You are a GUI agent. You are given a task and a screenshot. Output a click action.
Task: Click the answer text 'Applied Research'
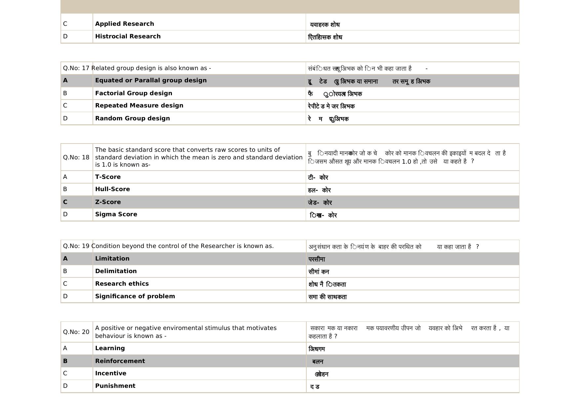tap(125, 24)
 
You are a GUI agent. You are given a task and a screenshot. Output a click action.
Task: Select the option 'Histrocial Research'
tap(128, 36)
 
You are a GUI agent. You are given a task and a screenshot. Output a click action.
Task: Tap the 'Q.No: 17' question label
tap(76, 68)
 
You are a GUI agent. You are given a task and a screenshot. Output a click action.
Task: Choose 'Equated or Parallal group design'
tap(151, 80)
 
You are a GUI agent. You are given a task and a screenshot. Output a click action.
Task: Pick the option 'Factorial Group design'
tap(134, 93)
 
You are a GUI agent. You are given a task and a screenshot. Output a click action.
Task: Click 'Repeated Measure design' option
tap(139, 105)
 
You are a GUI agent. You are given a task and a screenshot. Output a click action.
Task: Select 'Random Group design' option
tap(133, 118)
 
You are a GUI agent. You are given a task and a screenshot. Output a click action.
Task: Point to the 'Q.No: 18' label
tap(76, 157)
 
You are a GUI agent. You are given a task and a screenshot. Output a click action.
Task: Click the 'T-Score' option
tap(108, 177)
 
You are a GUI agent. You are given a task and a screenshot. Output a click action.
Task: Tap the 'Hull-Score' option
tap(112, 189)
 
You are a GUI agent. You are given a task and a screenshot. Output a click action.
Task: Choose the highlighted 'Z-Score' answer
tap(108, 202)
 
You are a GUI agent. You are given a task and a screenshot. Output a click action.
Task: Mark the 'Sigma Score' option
tap(116, 214)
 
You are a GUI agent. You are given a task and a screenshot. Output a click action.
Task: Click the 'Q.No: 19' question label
tap(76, 246)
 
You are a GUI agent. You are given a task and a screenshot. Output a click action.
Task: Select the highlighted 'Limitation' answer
tap(112, 259)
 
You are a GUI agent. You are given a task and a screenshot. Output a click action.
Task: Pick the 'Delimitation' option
tap(116, 271)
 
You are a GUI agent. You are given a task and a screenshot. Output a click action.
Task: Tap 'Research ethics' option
tap(122, 284)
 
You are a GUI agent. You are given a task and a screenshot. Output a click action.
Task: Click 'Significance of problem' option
tap(135, 296)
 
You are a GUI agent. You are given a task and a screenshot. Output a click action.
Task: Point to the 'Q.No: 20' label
tap(76, 332)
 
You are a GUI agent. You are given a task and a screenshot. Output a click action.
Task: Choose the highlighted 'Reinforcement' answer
tap(120, 361)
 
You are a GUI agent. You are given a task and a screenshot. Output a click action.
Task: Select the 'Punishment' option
tap(115, 386)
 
